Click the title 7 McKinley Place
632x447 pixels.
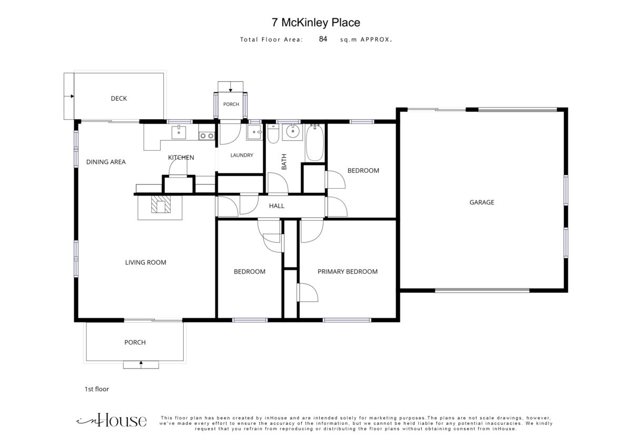pos(315,23)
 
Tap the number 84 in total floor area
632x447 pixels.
pos(323,39)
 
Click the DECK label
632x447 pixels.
pos(119,99)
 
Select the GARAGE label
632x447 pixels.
pos(481,202)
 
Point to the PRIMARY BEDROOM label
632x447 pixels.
pos(348,271)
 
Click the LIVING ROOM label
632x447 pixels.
pos(145,263)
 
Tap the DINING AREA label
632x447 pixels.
pos(106,162)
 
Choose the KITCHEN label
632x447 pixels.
pos(181,157)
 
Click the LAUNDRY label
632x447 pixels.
pos(242,155)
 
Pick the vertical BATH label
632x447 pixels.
pos(284,162)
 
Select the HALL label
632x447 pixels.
pos(276,206)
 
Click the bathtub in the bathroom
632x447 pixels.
pos(314,143)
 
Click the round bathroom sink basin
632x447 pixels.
pos(293,132)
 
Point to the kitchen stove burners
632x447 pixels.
pos(207,136)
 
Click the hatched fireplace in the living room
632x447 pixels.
pos(161,203)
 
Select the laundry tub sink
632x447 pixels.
pos(254,132)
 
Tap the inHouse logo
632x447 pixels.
pos(112,420)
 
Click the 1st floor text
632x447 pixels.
pos(97,389)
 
